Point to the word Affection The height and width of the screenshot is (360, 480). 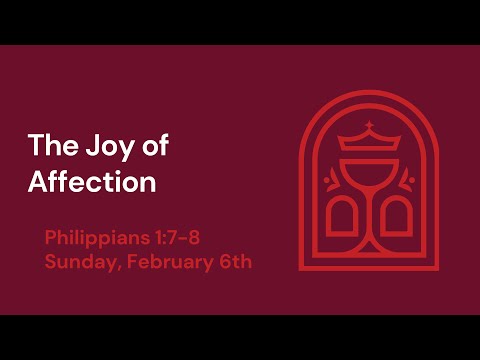tap(92, 184)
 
